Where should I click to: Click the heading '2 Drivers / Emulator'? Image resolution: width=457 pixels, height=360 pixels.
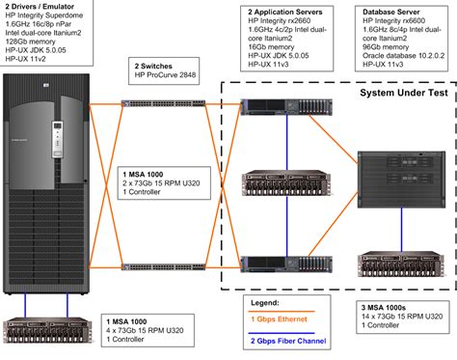point(39,6)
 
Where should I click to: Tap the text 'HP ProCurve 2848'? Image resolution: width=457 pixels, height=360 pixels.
point(170,74)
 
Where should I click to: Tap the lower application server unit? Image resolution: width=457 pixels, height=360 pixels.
point(285,263)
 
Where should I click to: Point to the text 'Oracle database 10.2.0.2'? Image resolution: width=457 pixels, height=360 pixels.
point(390,54)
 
